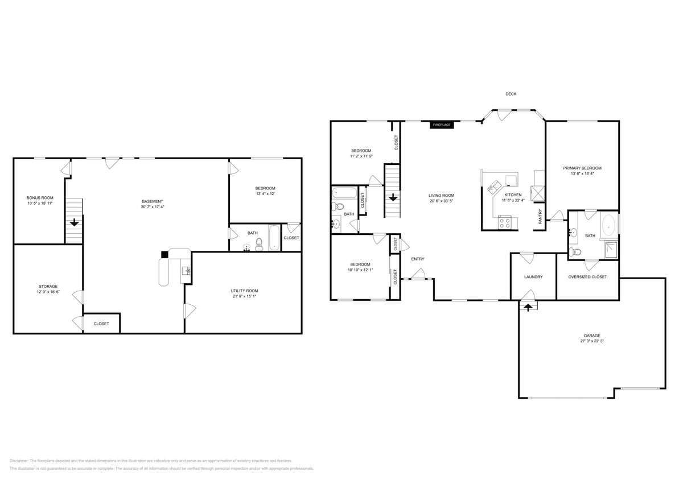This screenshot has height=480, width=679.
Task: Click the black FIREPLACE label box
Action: click(442, 125)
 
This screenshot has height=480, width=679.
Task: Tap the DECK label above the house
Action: click(511, 94)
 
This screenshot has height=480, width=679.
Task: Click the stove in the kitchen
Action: click(504, 222)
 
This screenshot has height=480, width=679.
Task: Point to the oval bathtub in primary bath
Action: click(608, 225)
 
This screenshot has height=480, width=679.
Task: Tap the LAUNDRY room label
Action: click(533, 277)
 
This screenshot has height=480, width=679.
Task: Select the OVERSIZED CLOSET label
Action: click(587, 277)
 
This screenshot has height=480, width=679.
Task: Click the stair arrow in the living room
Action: click(393, 198)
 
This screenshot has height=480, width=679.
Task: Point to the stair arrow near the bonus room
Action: click(74, 222)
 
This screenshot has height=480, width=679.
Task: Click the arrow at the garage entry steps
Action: click(528, 307)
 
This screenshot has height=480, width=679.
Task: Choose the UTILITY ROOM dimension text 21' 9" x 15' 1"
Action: click(244, 296)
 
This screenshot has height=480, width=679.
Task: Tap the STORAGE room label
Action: click(48, 286)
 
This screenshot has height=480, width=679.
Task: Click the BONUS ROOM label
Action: click(40, 197)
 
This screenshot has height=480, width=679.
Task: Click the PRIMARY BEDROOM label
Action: click(582, 168)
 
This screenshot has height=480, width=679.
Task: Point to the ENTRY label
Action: click(417, 259)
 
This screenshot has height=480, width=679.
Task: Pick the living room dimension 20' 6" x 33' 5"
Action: click(441, 201)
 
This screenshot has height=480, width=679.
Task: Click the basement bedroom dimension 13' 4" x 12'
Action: click(265, 194)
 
